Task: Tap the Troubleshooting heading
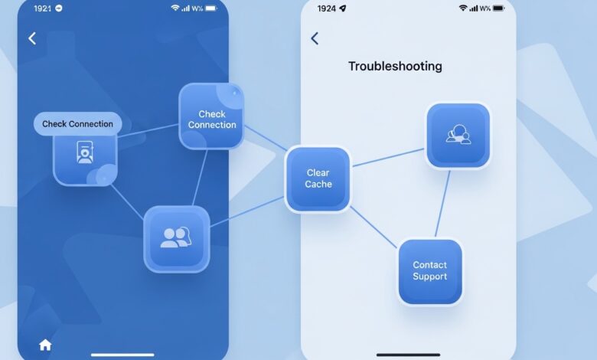[395, 67]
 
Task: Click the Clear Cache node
[318, 178]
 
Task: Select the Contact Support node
[430, 271]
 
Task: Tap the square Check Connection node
[211, 116]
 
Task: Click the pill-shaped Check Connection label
[77, 124]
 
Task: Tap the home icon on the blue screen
[45, 345]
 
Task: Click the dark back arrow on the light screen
[315, 38]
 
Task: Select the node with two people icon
[176, 239]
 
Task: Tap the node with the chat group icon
[458, 136]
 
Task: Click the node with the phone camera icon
[85, 159]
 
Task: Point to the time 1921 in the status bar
[42, 8]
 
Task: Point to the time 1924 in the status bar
[327, 8]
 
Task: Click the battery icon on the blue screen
[211, 8]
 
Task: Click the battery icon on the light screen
[498, 8]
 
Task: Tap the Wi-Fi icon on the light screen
[463, 8]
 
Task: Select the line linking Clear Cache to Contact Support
[374, 227]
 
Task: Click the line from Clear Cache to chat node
[388, 157]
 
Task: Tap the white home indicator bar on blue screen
[122, 355]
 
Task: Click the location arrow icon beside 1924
[343, 8]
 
